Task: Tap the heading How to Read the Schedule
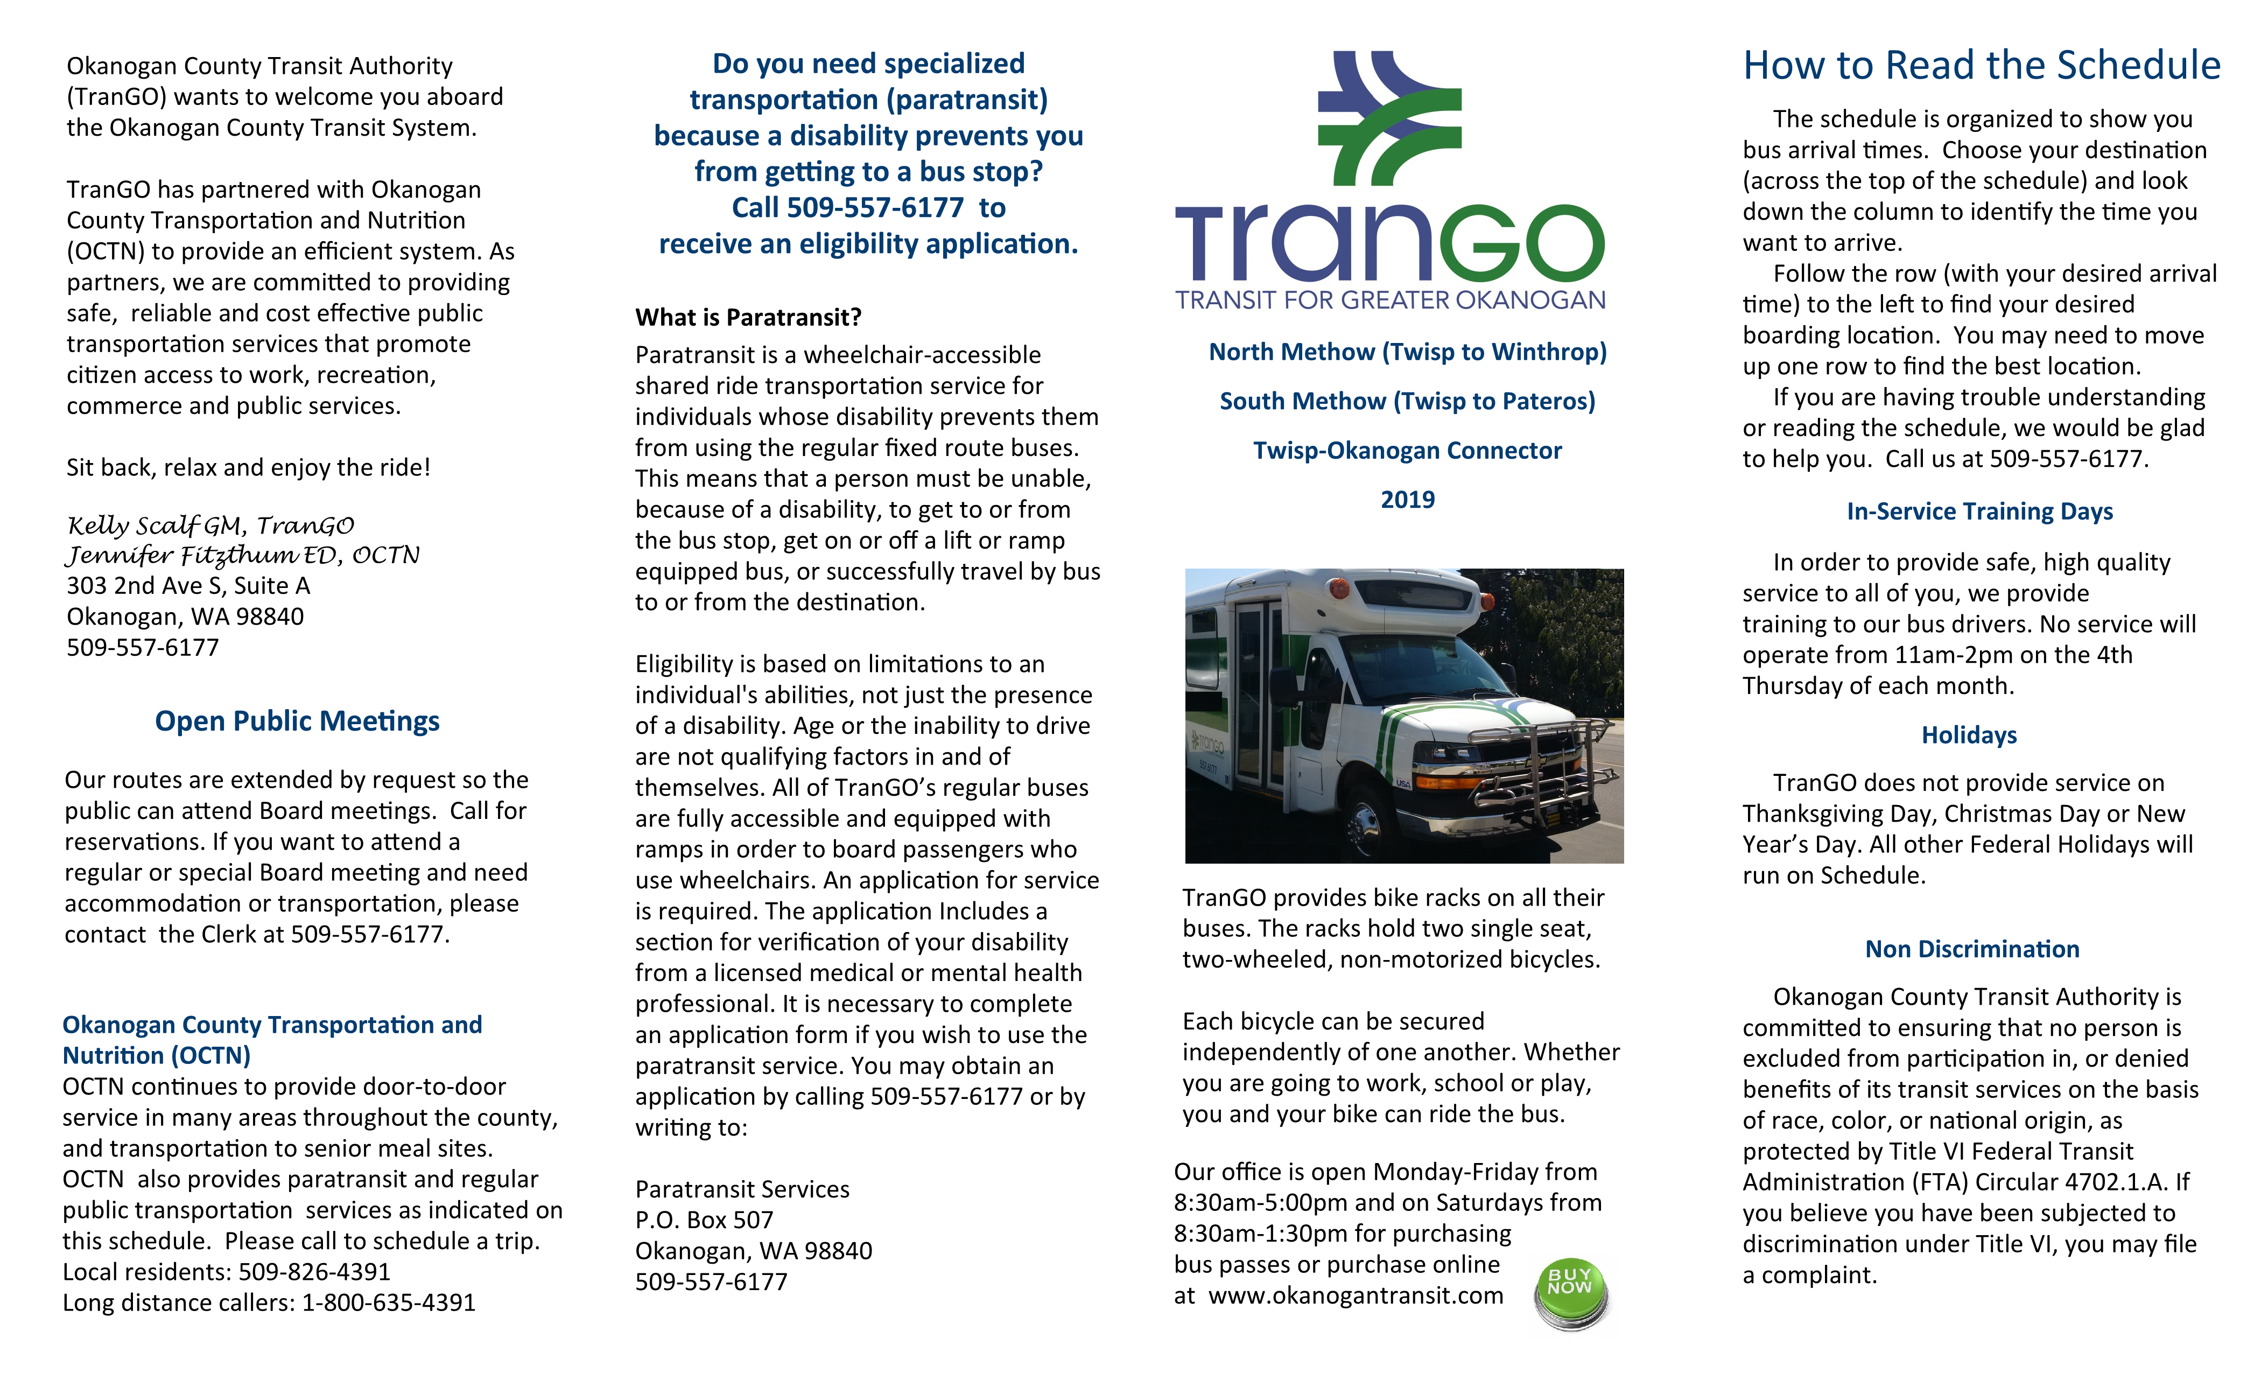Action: [1981, 66]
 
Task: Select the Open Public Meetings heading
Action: [297, 721]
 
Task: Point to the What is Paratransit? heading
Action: [748, 318]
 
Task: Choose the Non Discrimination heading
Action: [1972, 949]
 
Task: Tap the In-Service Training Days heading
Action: [1979, 511]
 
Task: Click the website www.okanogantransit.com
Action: [1356, 1296]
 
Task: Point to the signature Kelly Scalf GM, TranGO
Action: [210, 526]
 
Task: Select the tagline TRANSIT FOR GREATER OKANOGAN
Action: [1390, 300]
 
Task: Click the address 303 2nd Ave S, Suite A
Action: [188, 586]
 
